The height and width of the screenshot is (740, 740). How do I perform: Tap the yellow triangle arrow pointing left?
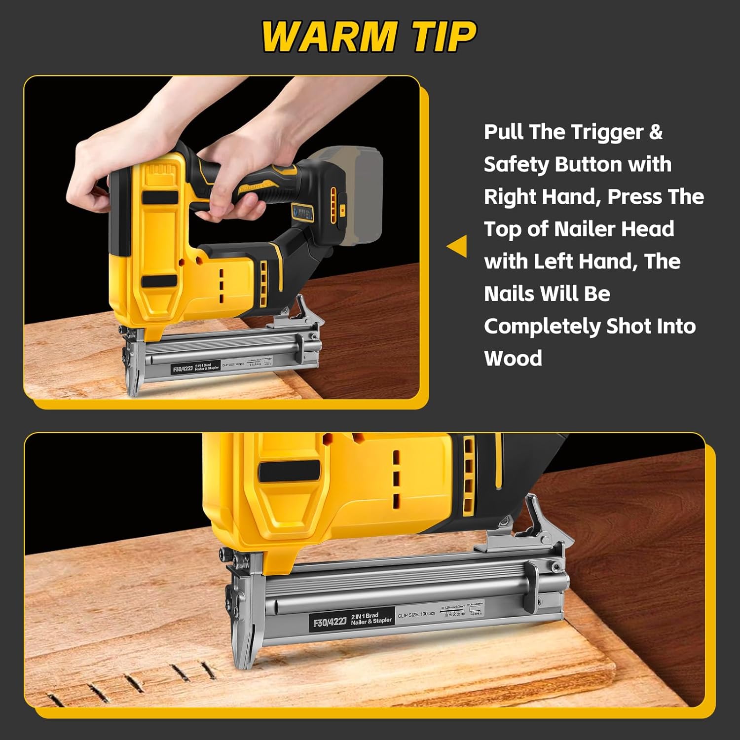(458, 246)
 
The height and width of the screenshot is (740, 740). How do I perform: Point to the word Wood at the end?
(513, 358)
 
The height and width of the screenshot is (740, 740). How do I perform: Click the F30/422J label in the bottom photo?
(330, 622)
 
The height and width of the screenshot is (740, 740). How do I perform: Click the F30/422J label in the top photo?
(182, 369)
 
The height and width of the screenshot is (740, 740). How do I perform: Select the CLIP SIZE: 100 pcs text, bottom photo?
(416, 614)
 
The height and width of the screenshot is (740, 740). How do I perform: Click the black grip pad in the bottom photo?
(289, 471)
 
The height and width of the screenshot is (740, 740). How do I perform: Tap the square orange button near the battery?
(342, 209)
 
